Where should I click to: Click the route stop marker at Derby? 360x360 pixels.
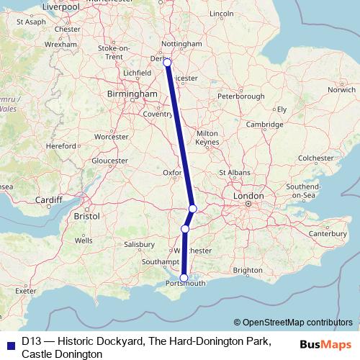(x=167, y=63)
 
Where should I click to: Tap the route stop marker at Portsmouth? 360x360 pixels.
(x=184, y=277)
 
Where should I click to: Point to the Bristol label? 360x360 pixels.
(x=87, y=215)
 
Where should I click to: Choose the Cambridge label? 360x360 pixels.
(x=263, y=125)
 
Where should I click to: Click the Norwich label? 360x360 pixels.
(x=341, y=90)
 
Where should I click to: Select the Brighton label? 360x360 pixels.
(x=248, y=270)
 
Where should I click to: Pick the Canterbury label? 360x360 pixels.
(x=328, y=233)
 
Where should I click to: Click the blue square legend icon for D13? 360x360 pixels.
(x=9, y=343)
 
